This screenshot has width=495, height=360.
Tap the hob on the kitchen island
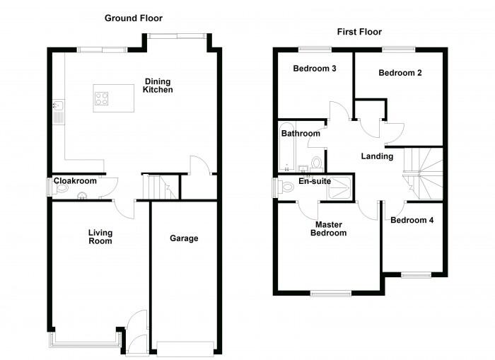click(x=101, y=98)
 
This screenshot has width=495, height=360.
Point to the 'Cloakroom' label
click(x=75, y=181)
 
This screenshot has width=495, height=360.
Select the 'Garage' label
click(x=184, y=238)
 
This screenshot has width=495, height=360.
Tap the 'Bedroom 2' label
click(x=396, y=73)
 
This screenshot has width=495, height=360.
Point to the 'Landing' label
click(x=376, y=156)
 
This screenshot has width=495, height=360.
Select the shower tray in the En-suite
click(x=342, y=187)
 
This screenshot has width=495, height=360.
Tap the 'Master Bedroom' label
click(x=330, y=228)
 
